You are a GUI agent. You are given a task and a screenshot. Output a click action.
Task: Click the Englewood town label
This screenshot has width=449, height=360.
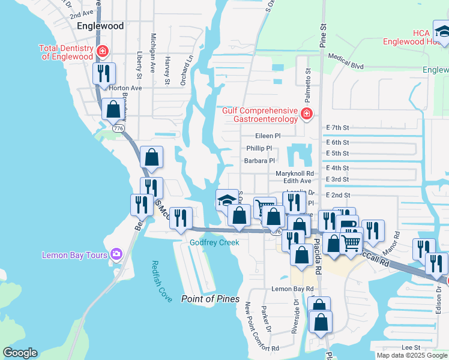coord(101,26)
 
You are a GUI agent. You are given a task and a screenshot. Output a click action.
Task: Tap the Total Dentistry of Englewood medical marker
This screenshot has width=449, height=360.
coord(103,52)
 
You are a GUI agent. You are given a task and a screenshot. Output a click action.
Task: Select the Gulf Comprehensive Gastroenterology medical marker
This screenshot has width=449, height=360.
coord(307,114)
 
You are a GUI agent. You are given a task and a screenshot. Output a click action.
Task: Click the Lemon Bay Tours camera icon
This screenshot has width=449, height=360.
coord(116,254)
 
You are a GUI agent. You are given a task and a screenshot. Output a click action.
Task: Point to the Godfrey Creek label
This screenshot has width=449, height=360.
coord(214,242)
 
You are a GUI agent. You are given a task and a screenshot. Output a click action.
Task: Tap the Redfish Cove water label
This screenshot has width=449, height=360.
coord(161,281)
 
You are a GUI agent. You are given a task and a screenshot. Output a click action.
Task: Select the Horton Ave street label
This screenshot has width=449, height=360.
coord(125,88)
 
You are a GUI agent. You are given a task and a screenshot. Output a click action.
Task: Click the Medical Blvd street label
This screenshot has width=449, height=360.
coord(345,60)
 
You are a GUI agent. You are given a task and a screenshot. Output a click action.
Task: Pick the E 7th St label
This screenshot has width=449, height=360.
coord(337,128)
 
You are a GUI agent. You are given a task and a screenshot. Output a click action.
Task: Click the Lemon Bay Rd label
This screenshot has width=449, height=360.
coord(292,289)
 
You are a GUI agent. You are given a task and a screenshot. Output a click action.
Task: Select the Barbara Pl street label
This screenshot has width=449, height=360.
coord(259,161)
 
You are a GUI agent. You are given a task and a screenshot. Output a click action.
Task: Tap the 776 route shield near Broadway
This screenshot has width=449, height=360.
coord(119,128)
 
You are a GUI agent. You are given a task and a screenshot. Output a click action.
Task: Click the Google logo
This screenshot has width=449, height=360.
coord(20,353)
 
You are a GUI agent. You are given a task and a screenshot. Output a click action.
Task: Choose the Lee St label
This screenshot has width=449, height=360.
coord(411,347)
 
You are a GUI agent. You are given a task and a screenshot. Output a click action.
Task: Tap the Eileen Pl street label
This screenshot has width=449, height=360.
coord(268,136)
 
